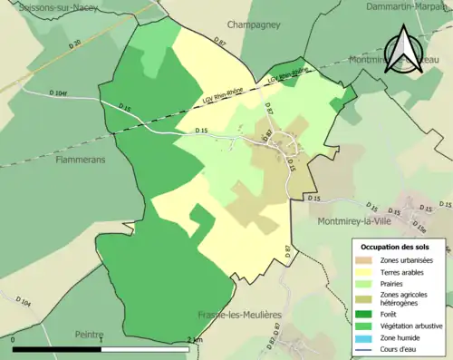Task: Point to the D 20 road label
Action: [x=77, y=44]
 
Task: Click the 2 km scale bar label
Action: [x=193, y=340]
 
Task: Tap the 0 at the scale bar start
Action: [x=14, y=340]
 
